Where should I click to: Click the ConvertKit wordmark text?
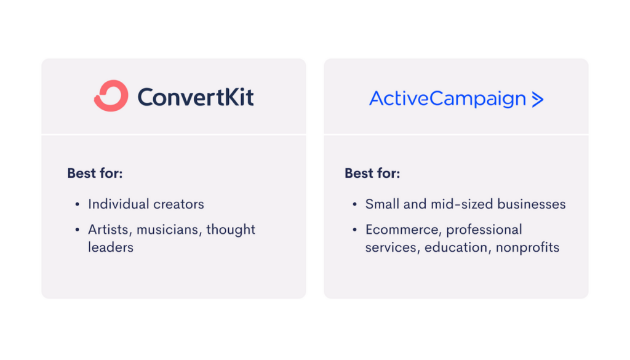point(196,97)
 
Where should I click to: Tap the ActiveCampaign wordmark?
point(448,99)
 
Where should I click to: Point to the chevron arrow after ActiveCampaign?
point(538,99)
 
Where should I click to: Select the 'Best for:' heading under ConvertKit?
point(95,173)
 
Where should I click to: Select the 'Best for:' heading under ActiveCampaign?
point(372,173)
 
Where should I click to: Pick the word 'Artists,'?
point(110,230)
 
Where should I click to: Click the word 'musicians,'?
point(169,230)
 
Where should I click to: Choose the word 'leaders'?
point(111,247)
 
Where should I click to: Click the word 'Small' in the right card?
point(382,204)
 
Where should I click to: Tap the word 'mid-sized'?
point(461,204)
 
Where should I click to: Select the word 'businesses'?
point(532,204)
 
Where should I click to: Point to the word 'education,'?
point(458,247)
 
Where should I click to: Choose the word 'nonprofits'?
point(527,248)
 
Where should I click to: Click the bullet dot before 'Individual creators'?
point(78,204)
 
